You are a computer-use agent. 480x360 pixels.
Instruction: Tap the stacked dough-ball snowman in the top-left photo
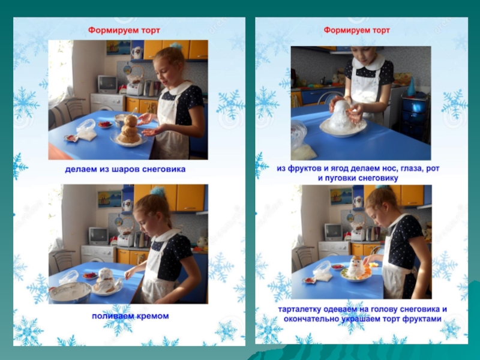coord(130,130)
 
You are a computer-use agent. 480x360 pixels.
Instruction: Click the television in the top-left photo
coord(107,84)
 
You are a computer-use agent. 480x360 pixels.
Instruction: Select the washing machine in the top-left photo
coord(108,102)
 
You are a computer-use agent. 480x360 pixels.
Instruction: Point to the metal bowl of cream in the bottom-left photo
coord(70,292)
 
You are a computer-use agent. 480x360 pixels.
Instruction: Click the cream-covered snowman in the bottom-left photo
coord(105,279)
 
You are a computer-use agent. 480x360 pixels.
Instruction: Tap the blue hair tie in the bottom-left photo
coord(157,191)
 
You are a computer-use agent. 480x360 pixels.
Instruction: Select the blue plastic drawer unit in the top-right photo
coord(415,116)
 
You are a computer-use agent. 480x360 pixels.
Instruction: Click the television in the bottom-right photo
coord(334,232)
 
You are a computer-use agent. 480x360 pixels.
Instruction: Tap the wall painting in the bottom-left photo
coord(109,199)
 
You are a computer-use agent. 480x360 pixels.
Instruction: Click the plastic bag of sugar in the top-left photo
coord(86,131)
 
